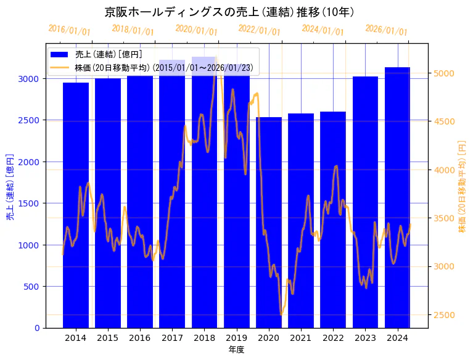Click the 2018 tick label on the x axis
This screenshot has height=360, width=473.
pyautogui.click(x=204, y=338)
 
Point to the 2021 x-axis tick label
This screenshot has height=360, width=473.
pyautogui.click(x=301, y=338)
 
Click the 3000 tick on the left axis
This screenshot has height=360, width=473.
pyautogui.click(x=31, y=79)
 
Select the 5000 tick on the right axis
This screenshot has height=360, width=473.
pyautogui.click(x=445, y=73)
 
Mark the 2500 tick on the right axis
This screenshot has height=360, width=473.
pyautogui.click(x=445, y=315)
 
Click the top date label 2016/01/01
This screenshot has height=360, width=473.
pyautogui.click(x=69, y=30)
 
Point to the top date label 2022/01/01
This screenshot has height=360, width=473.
pyautogui.click(x=259, y=30)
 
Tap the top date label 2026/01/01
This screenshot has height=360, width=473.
pyautogui.click(x=386, y=30)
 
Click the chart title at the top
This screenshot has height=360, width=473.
pyautogui.click(x=229, y=12)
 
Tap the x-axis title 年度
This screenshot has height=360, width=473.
pyautogui.click(x=236, y=350)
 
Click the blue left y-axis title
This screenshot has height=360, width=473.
pyautogui.click(x=10, y=186)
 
